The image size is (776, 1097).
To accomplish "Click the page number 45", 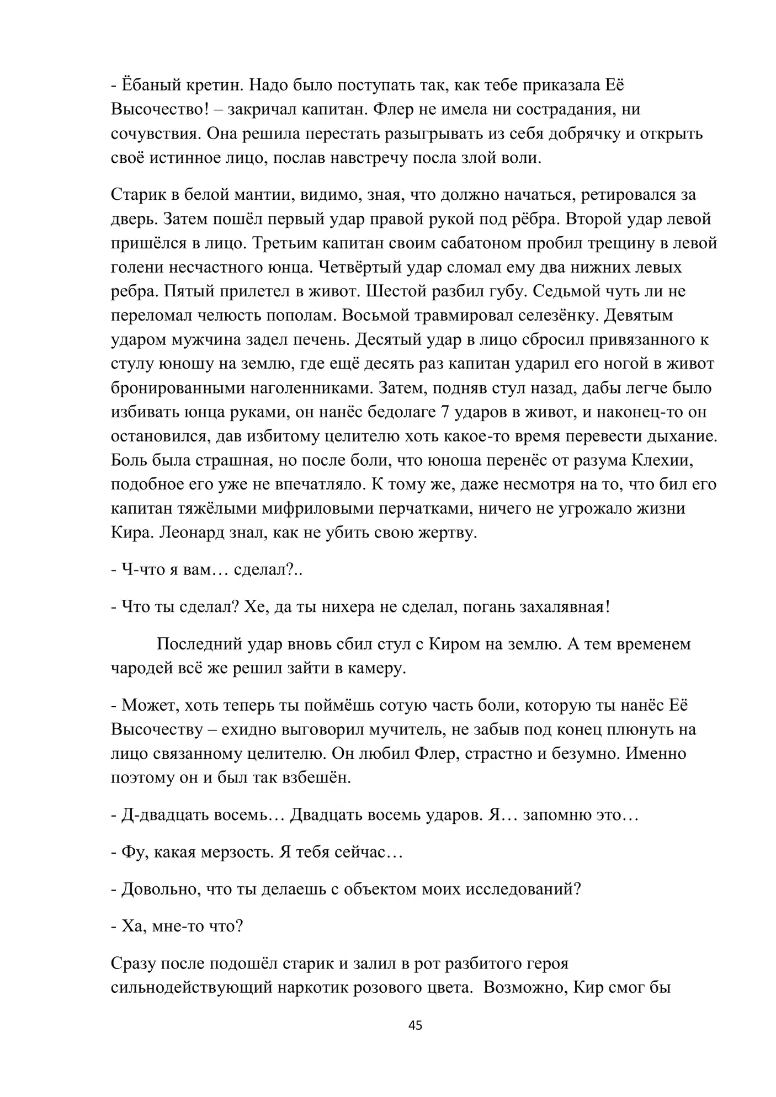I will click(x=415, y=1025).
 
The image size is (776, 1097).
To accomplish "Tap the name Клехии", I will click(x=680, y=461).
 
